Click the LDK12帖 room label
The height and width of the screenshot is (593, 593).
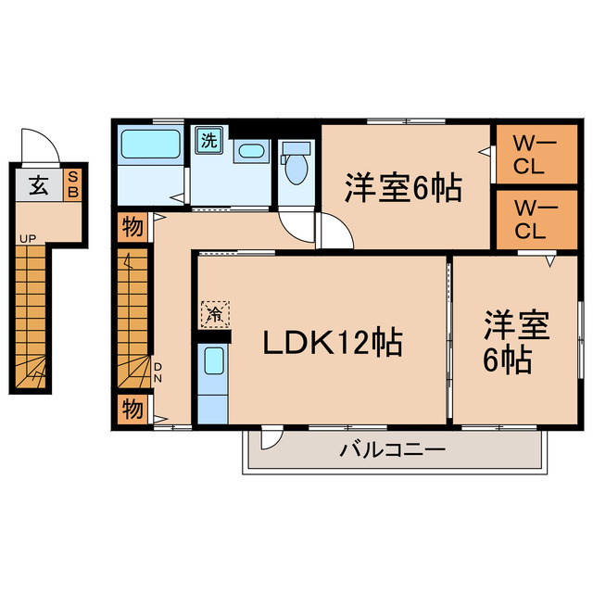[x=332, y=344]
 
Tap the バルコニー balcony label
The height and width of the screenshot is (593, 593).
[x=393, y=451]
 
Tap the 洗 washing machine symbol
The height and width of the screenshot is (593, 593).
[x=209, y=142]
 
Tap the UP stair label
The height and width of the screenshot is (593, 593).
[x=28, y=239]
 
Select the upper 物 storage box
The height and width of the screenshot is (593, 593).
[x=132, y=225]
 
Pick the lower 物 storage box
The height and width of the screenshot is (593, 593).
[x=132, y=407]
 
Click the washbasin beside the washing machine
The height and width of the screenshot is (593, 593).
[x=249, y=153]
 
